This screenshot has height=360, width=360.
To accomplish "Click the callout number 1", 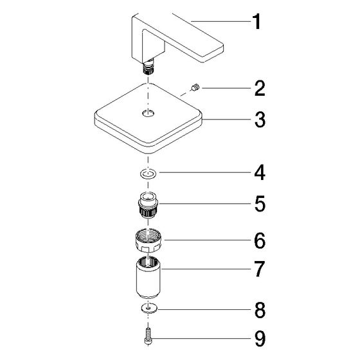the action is [256, 21].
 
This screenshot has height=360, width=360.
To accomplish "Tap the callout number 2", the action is [260, 89].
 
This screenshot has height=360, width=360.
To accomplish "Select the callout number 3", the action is [260, 120].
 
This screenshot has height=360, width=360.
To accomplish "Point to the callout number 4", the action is [260, 173].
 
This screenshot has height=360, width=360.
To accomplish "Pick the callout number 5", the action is [260, 204].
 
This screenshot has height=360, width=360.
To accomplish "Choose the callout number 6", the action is [260, 240].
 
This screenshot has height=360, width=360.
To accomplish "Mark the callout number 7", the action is [260, 269].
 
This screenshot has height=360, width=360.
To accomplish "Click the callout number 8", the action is [260, 310].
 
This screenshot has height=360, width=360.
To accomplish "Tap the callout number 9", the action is [260, 338].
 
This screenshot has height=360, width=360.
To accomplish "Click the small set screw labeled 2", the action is [195, 88].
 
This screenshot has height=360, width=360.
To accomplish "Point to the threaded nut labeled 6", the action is [148, 241].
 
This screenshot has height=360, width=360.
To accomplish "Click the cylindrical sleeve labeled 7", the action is [148, 278].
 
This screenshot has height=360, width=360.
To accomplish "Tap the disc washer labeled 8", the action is [149, 308].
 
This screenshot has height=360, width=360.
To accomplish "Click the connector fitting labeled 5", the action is [148, 205].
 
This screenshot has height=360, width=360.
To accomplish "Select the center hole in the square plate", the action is [148, 113].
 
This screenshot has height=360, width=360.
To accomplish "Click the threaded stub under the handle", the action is [148, 68].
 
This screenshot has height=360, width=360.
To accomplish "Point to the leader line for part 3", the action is [226, 120].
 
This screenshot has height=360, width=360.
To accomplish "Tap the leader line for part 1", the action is [221, 22].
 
